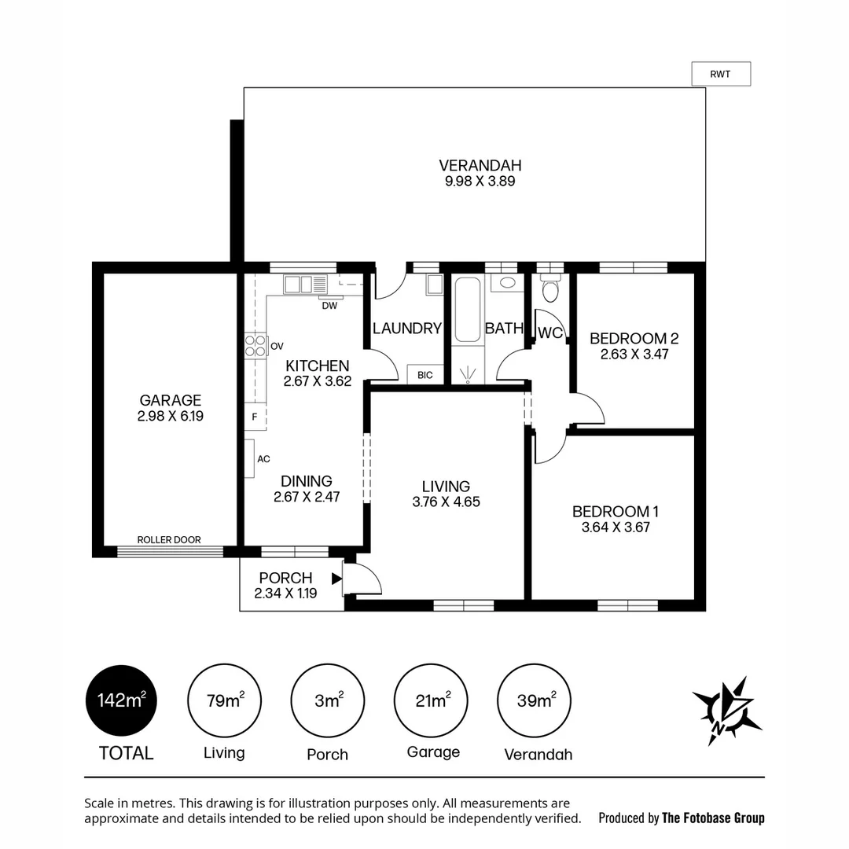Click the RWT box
point(720,74)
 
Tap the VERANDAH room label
point(480,165)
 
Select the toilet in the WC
point(550,292)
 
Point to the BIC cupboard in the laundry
point(425,375)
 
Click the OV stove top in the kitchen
point(255,346)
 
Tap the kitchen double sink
point(300,284)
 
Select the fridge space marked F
point(255,417)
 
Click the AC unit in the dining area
point(249,458)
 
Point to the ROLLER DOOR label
point(169,540)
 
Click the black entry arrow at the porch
point(337,579)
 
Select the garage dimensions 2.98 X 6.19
point(171,417)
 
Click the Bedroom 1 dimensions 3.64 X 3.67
point(616,527)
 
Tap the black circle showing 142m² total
point(121,700)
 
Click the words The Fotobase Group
point(713,818)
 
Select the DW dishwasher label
point(329,306)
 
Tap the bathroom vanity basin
point(508,282)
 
